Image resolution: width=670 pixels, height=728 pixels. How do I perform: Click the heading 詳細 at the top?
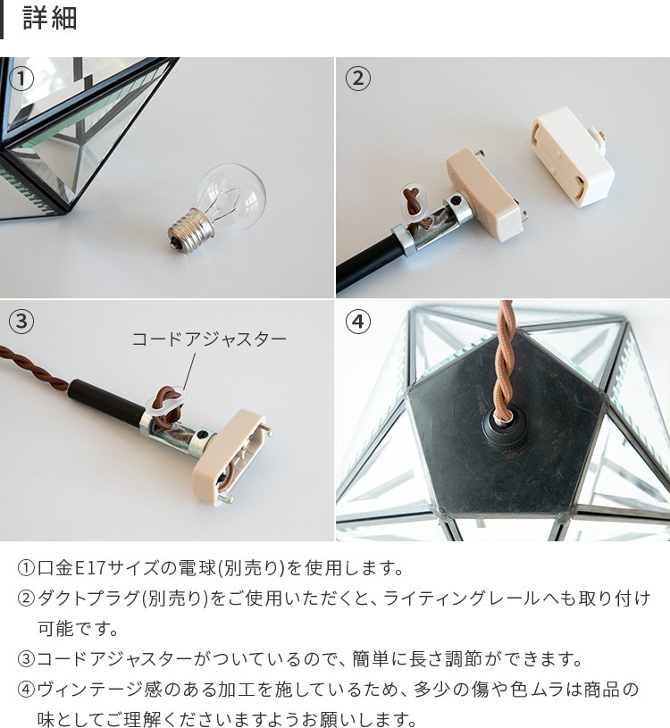click(50, 19)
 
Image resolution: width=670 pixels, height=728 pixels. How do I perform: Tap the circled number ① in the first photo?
click(21, 79)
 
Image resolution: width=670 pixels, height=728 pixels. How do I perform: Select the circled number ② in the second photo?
click(357, 79)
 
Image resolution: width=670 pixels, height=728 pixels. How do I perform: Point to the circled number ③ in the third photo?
click(21, 322)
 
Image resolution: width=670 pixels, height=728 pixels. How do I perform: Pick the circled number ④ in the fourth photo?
click(357, 322)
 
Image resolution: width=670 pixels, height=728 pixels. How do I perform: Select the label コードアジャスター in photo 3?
click(209, 339)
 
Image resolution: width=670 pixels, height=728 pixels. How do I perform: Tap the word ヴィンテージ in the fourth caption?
click(90, 690)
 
